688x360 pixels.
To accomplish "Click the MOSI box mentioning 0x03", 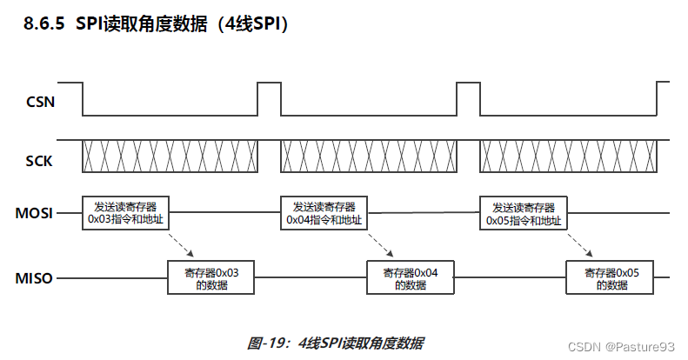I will pos(126,214).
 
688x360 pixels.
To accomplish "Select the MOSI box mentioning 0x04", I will pos(324,214).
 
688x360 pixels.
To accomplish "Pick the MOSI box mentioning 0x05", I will pos(523,214).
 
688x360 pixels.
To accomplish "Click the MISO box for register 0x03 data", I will pos(210,278).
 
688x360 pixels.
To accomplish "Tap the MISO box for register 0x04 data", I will pos(411,278).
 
